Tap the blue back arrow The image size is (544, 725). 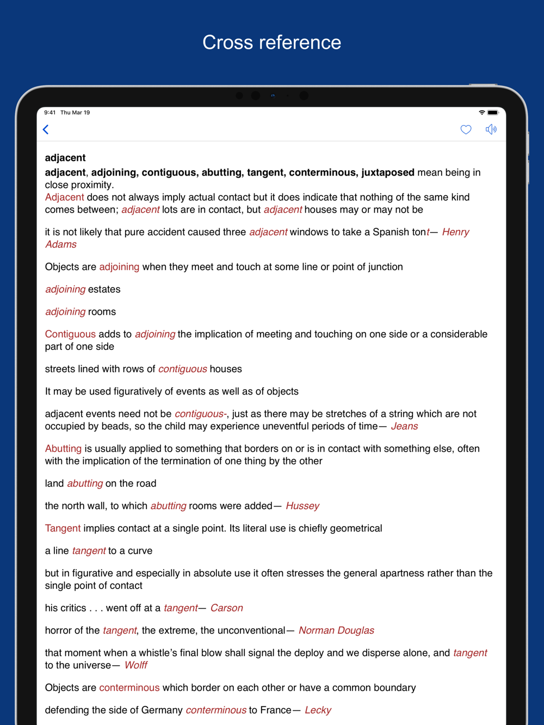click(x=46, y=129)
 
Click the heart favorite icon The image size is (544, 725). click(x=466, y=129)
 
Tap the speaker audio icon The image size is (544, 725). click(x=491, y=129)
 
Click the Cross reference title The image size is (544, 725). click(x=271, y=42)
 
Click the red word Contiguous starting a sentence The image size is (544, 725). click(x=70, y=334)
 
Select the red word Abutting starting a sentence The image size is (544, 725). click(x=63, y=448)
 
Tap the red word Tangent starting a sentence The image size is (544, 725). click(x=63, y=528)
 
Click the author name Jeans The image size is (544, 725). click(x=404, y=426)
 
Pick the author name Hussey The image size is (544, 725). click(x=302, y=506)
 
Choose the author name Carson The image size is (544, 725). click(x=226, y=608)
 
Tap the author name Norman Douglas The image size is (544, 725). click(x=336, y=630)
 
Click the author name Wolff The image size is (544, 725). click(x=136, y=665)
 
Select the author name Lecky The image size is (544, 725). click(x=318, y=710)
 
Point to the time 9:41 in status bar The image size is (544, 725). click(x=50, y=112)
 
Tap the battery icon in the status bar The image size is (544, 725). click(x=493, y=112)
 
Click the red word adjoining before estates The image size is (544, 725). click(x=65, y=289)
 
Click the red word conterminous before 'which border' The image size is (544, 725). click(x=129, y=687)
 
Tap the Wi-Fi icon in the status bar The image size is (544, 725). click(x=481, y=112)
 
